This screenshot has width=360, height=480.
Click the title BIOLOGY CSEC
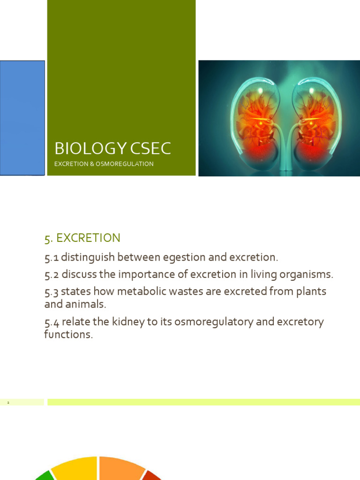click(112, 149)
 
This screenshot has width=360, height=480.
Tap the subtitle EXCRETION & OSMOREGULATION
click(104, 164)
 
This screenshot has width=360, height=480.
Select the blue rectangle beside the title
click(22, 118)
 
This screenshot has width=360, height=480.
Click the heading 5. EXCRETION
click(82, 238)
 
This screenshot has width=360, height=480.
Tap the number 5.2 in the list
click(52, 274)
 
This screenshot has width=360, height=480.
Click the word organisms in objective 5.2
click(303, 274)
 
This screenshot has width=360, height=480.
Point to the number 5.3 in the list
click(52, 292)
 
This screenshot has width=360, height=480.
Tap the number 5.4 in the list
click(52, 322)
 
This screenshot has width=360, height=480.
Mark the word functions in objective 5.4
click(68, 335)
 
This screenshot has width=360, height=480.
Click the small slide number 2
click(8, 403)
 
